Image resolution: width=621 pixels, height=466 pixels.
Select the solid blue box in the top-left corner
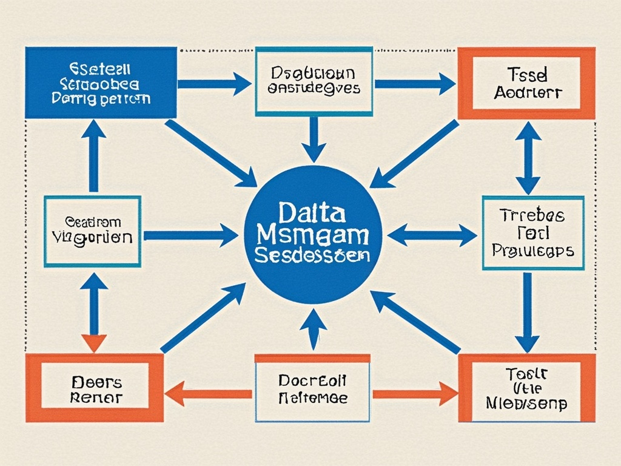coord(101,83)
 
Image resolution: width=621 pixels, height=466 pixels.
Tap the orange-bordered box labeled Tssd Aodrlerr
coord(526,83)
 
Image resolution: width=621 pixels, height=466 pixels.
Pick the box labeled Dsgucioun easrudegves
coord(314,81)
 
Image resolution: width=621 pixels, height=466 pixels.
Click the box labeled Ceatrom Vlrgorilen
coord(92,231)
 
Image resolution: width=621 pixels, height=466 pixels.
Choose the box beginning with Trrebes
coord(533,232)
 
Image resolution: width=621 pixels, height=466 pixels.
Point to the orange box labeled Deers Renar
coord(95,389)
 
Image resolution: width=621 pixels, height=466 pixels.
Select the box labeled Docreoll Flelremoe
coord(312,389)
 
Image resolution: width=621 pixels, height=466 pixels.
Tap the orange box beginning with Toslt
coord(526,388)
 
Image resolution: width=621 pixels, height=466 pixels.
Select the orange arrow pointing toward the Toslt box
coord(415,394)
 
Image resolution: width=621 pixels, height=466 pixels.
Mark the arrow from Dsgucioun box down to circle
coord(314,139)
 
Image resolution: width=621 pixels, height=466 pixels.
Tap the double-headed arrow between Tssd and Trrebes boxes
coord(528,158)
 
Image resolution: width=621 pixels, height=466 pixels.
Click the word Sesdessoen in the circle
coord(312,254)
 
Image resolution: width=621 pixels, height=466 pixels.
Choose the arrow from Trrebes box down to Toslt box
coord(527,312)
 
